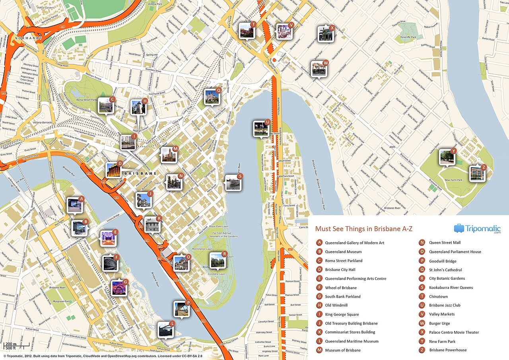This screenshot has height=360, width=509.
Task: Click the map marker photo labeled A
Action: pyautogui.click(x=74, y=205)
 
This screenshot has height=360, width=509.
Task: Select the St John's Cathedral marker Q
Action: pyautogui.click(x=212, y=96)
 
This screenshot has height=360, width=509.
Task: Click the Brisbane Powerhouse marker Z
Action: pyautogui.click(x=477, y=173)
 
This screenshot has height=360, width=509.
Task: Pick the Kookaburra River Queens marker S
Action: pyautogui.click(x=233, y=183)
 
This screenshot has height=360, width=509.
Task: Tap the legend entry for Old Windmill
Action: pyautogui.click(x=336, y=306)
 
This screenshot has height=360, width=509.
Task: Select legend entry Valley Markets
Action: pyautogui.click(x=441, y=314)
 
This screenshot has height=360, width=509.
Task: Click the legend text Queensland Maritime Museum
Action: pyautogui.click(x=352, y=341)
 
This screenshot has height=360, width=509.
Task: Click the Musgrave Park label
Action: pyautogui.click(x=62, y=302)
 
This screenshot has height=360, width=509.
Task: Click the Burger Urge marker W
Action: pyautogui.click(x=319, y=69)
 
